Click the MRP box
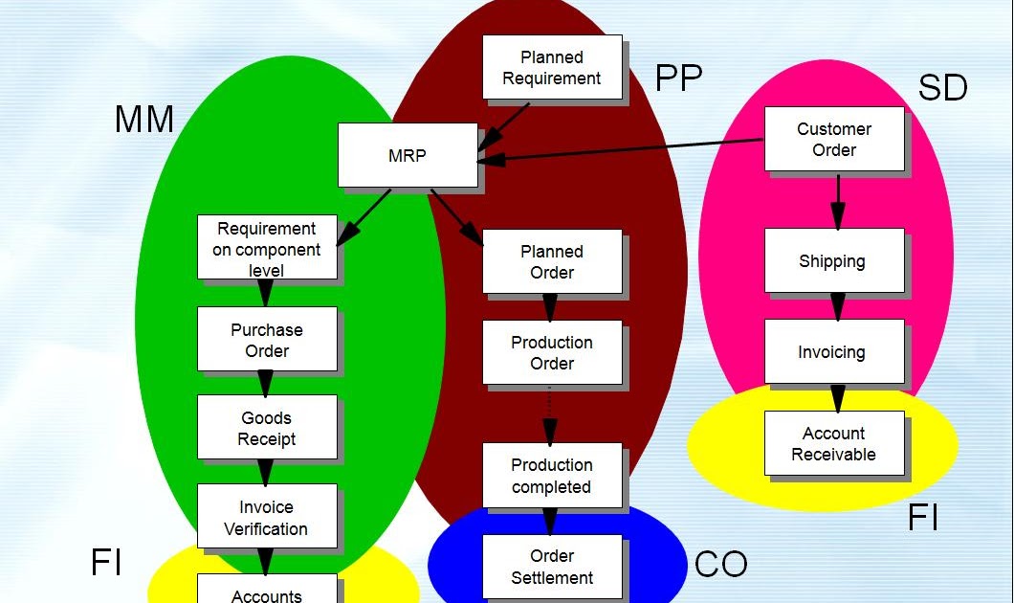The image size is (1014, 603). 408,155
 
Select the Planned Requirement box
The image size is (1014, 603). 552,68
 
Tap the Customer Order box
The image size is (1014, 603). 834,139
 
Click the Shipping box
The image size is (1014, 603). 834,260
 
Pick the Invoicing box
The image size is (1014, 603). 834,351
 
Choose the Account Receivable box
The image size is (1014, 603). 834,443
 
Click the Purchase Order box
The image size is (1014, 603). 267,339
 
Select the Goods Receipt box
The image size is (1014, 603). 267,427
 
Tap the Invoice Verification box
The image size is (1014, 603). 267,517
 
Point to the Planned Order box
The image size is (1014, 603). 552,261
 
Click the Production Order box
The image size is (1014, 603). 552,352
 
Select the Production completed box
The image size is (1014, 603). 552,475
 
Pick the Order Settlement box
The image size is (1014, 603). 552,567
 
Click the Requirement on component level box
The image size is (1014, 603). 267,247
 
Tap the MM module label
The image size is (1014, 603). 144,120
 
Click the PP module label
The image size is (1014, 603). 679,78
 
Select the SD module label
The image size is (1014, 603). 942,88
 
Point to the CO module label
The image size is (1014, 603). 720,565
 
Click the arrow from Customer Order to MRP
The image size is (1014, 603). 622,150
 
